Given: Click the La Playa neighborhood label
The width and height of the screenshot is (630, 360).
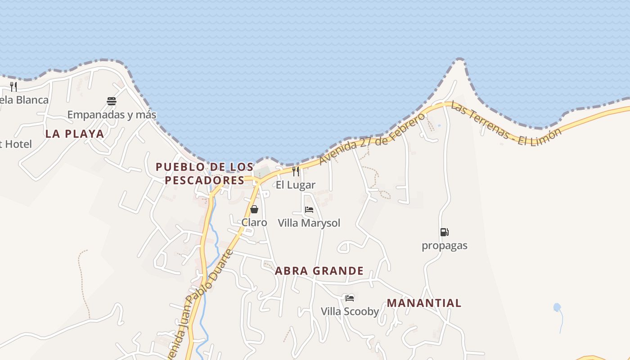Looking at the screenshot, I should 75,134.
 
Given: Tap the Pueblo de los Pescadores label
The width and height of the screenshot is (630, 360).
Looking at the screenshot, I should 205,174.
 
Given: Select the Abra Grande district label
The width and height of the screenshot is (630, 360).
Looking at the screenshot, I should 319,271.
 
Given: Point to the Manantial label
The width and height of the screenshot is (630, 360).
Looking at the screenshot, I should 424,303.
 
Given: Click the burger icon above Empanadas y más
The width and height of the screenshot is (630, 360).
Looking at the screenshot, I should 112,101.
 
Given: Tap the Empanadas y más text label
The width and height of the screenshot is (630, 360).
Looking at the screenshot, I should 112,115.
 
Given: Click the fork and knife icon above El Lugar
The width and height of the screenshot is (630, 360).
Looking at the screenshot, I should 296,171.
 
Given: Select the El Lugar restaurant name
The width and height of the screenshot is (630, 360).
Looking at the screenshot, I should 296,185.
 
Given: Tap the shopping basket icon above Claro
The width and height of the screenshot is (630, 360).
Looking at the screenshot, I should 254,209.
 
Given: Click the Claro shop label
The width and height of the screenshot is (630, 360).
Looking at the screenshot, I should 254,223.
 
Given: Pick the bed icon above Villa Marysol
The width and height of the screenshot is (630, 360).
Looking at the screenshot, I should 309,210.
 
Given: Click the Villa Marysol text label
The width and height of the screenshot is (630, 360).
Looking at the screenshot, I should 309,223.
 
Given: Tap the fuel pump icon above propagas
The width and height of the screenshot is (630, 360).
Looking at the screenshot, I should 445,232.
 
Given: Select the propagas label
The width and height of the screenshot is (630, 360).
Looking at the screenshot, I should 445,246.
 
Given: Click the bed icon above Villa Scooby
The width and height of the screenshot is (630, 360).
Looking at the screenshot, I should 350,298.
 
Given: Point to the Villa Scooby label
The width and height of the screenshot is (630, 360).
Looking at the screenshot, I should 350,311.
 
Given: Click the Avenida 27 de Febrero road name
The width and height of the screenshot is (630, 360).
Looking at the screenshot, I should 373,139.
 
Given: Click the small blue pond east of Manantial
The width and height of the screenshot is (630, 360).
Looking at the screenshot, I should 557,307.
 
